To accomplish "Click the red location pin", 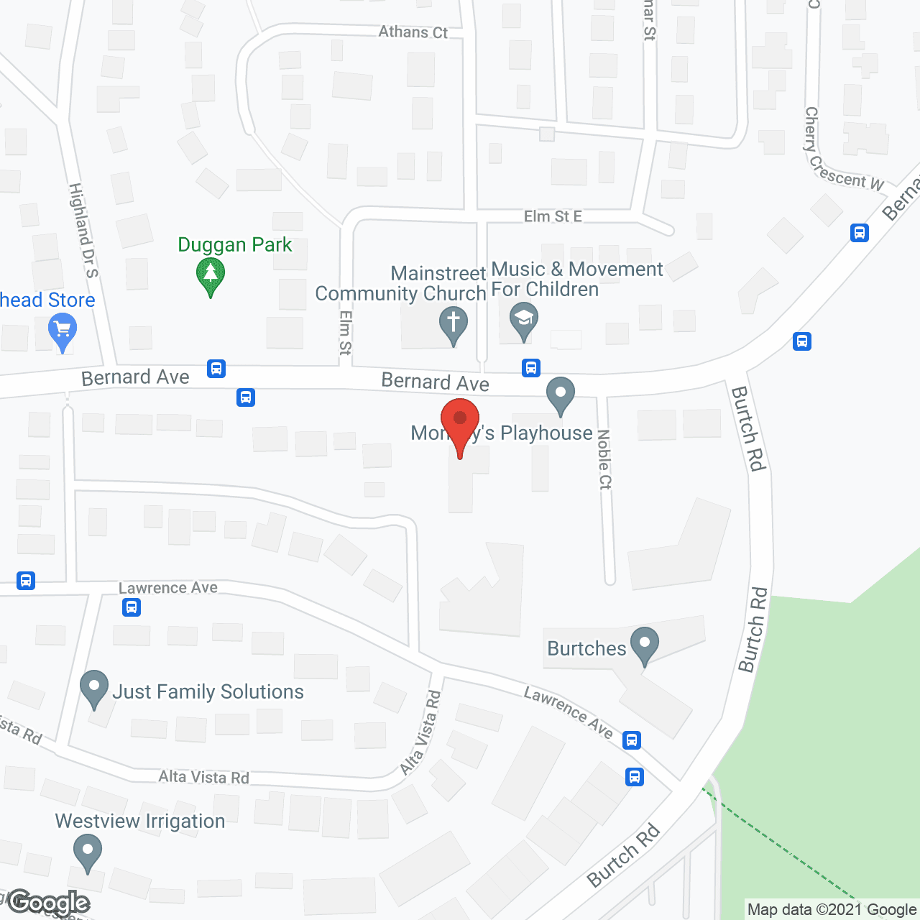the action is click(x=460, y=424).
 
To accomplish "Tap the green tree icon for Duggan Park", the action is click(x=210, y=275).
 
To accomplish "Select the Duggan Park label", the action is click(x=235, y=244).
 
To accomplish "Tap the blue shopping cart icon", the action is click(x=63, y=332).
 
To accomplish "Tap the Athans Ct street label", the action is click(x=413, y=32).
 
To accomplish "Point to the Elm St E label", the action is click(x=553, y=216).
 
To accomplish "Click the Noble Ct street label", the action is click(x=604, y=460).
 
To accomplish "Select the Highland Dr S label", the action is click(x=83, y=230).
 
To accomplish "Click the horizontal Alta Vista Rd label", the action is click(x=203, y=777).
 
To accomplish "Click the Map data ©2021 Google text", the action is click(x=832, y=910).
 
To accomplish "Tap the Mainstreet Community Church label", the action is click(x=401, y=283).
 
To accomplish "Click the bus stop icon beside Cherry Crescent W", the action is click(x=860, y=233).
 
